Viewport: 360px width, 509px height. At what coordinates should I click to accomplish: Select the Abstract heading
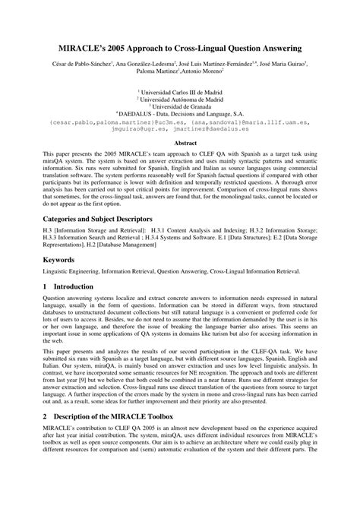click(180, 142)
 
